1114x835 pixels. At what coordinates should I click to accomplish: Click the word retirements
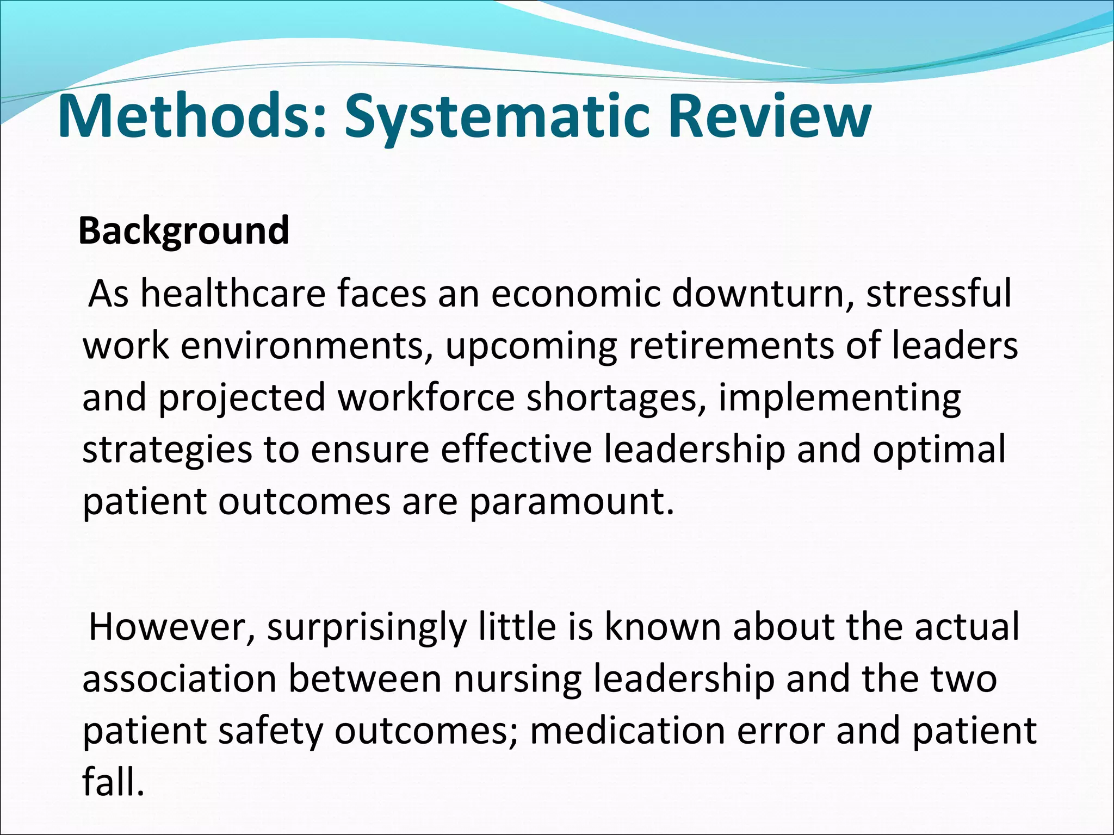(731, 346)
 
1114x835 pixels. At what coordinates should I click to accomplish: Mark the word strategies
(168, 450)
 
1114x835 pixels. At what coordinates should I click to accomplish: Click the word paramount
(571, 502)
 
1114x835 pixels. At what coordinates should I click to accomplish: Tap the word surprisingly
(367, 627)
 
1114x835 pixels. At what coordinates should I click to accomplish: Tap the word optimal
(939, 450)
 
